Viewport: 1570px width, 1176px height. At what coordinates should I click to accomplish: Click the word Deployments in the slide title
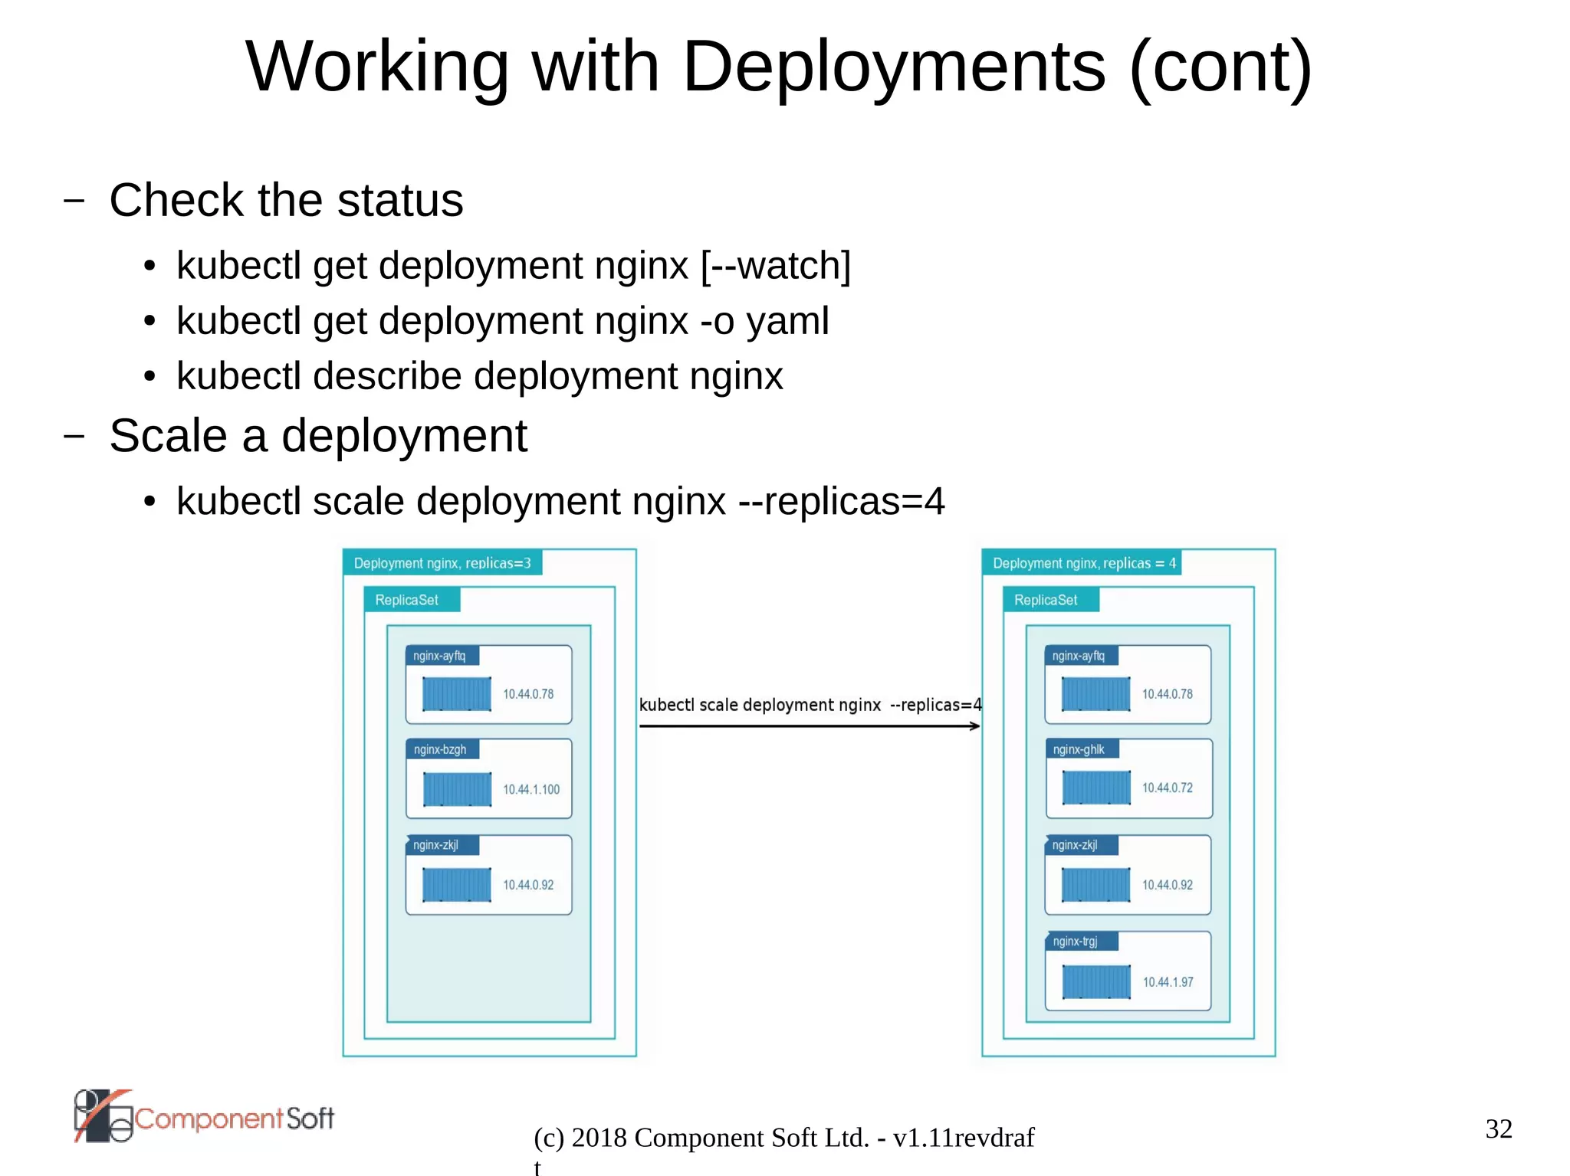(x=894, y=67)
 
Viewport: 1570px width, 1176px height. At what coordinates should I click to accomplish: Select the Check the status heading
(x=286, y=201)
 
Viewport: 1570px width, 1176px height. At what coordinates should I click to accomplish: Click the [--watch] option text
(x=775, y=266)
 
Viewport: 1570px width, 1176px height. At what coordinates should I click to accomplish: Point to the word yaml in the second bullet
(x=787, y=322)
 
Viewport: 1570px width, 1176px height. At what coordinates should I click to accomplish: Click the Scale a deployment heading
(x=317, y=436)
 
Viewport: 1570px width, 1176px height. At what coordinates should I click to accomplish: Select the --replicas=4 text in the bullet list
(x=841, y=502)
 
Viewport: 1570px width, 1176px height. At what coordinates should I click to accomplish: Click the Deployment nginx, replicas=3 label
(x=442, y=563)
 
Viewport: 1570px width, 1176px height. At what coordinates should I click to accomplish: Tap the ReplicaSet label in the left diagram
(x=407, y=600)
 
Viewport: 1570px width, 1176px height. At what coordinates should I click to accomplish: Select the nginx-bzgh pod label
(x=440, y=749)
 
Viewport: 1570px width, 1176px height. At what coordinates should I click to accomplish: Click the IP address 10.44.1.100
(x=530, y=789)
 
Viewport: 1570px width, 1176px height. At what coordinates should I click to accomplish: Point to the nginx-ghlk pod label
(x=1079, y=749)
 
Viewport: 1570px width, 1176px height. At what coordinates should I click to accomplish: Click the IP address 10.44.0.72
(x=1167, y=788)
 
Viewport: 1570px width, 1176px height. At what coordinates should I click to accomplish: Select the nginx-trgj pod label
(x=1075, y=941)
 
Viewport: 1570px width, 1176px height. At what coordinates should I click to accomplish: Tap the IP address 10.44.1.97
(x=1168, y=982)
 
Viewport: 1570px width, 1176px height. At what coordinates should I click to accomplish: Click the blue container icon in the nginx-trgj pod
(x=1096, y=981)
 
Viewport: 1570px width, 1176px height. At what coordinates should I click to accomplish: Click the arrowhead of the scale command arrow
(x=975, y=726)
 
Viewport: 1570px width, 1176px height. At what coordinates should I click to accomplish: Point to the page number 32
(x=1499, y=1129)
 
